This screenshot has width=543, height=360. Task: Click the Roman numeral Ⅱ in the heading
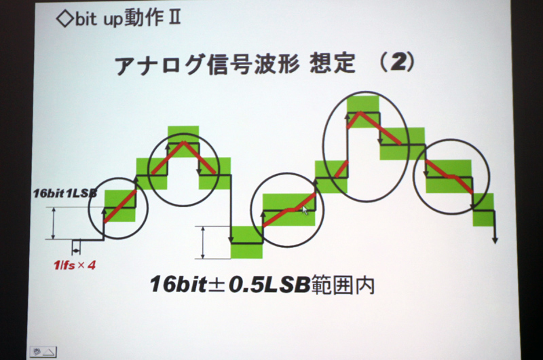[174, 18]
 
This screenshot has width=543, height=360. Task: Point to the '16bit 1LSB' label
[64, 193]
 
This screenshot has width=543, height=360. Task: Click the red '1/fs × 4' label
[75, 266]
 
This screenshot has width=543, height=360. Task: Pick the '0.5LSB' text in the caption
[269, 285]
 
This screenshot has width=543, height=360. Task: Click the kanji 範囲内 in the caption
[343, 285]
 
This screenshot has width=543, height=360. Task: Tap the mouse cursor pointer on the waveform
[305, 210]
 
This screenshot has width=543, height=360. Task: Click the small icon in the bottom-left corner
[43, 352]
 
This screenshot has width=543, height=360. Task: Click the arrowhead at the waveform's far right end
[495, 240]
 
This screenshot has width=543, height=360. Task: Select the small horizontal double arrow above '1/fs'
[76, 249]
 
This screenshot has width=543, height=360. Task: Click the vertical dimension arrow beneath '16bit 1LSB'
[53, 223]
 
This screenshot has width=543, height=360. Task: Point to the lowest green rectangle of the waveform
[246, 242]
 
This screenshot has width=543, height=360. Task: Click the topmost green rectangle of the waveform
[363, 112]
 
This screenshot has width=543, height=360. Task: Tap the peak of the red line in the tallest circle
[360, 112]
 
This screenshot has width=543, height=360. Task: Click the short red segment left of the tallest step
[341, 168]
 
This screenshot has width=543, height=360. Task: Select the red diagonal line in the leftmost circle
[120, 206]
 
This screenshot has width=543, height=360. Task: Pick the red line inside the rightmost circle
[449, 177]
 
